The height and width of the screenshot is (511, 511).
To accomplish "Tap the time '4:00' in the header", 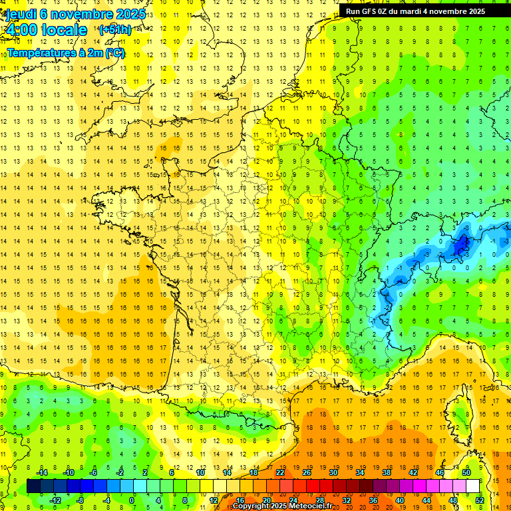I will point(21,31).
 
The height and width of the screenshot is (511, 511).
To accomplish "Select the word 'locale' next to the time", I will point(64,31).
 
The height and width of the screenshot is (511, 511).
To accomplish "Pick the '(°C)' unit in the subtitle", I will point(114,53).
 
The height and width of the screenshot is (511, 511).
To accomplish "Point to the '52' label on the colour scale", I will point(480,500).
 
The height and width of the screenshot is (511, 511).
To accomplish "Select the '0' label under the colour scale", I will point(132,500).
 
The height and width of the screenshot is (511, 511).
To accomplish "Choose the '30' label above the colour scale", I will point(333,472).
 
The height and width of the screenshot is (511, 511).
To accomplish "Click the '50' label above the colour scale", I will point(466,472).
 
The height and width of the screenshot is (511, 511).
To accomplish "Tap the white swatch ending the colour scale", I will point(472,486).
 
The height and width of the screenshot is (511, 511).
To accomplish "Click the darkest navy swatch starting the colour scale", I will point(33,486).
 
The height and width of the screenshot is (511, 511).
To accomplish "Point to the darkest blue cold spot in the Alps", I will point(459,246).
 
